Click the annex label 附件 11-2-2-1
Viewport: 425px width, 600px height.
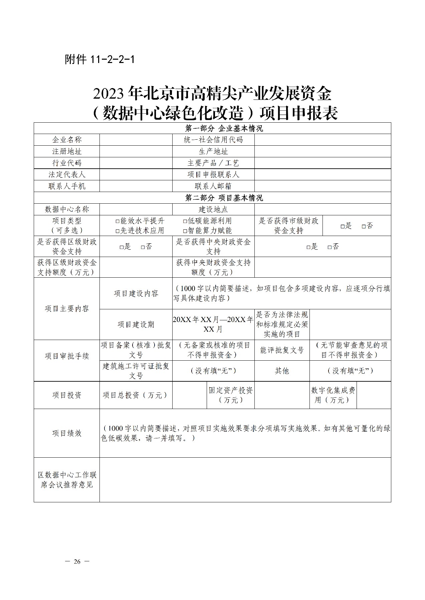99,60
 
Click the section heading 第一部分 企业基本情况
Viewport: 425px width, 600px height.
224,128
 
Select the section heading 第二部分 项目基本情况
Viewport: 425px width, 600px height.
224,198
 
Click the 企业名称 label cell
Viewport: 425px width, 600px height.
67,140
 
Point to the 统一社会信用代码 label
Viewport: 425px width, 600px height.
213,140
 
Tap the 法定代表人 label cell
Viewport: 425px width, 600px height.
67,175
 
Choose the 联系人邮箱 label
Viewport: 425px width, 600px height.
213,186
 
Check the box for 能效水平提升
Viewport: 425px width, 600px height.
118,221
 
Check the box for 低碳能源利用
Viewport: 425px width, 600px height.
185,221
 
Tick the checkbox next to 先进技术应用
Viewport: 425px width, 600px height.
118,231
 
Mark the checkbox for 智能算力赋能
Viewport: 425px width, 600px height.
185,231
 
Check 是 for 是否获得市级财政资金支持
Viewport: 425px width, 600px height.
343,226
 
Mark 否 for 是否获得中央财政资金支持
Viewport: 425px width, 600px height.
330,247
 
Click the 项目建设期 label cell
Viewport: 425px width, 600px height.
136,325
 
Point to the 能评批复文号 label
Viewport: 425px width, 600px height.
282,350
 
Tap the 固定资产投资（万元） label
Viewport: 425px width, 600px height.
231,395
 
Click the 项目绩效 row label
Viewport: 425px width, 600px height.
67,433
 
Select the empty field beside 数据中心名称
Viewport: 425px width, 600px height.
136,210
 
